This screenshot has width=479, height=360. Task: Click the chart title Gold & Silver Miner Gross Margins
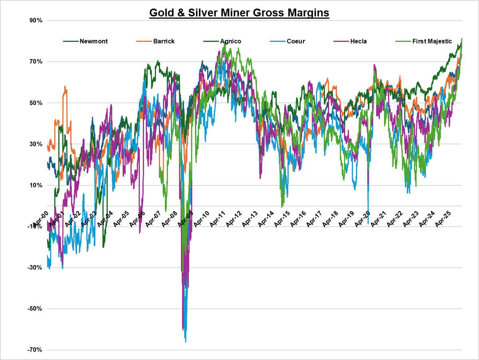tap(239, 13)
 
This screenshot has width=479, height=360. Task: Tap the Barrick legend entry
tap(163, 41)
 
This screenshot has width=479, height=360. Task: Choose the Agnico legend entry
tap(230, 41)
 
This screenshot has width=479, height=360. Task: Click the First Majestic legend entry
tap(432, 41)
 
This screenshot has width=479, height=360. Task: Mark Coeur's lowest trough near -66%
tap(186, 342)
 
